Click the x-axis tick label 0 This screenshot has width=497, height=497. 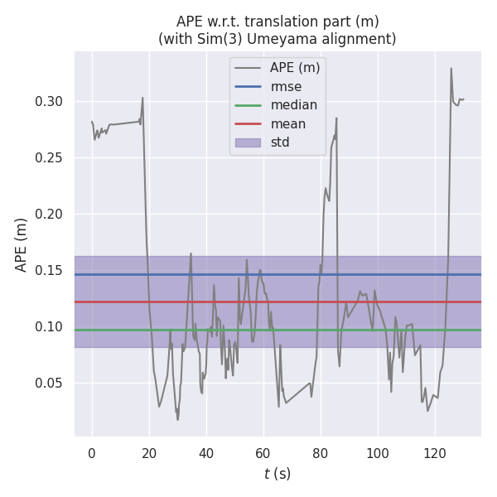92,453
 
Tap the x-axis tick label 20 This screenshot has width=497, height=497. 149,453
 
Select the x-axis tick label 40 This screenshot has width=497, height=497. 206,453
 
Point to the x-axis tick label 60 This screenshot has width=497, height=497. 263,453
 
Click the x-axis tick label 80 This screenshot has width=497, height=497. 321,453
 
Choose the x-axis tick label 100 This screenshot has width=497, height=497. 378,453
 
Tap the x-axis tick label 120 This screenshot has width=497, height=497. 435,453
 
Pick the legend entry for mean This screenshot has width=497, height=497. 287,124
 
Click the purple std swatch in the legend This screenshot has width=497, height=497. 248,142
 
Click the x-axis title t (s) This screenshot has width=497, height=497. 277,475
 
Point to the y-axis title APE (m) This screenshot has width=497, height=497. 22,244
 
